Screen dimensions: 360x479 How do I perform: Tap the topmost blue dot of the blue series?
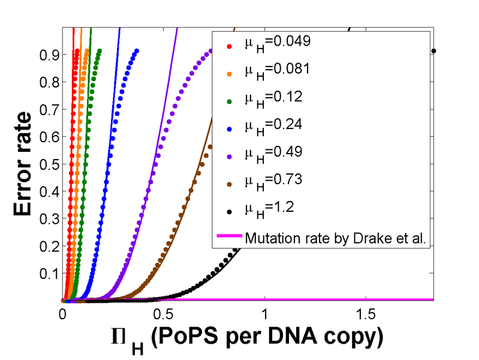click(x=137, y=51)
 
